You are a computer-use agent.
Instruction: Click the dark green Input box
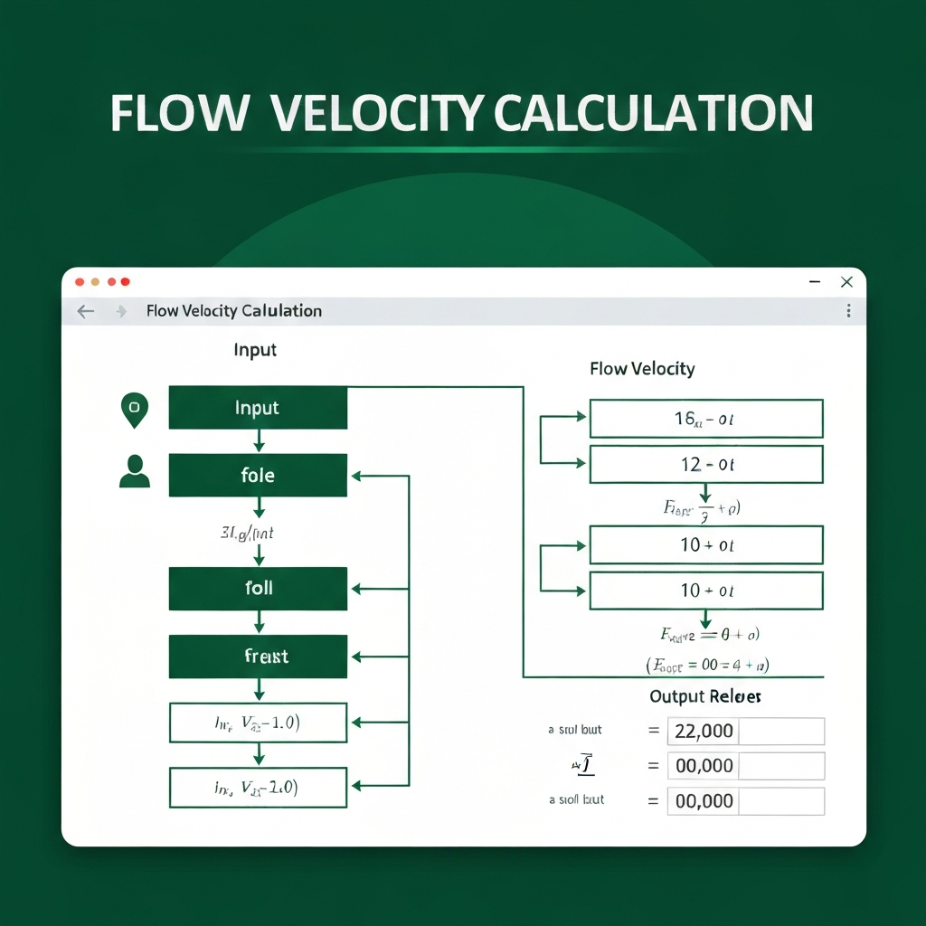pyautogui.click(x=258, y=408)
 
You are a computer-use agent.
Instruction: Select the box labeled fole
pyautogui.click(x=258, y=475)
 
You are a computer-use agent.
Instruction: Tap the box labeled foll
pyautogui.click(x=258, y=588)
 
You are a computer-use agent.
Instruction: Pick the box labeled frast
pyautogui.click(x=258, y=656)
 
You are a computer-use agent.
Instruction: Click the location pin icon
pyautogui.click(x=134, y=410)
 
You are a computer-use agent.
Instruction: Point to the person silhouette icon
pyautogui.click(x=135, y=471)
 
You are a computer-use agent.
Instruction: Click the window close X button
pyautogui.click(x=846, y=282)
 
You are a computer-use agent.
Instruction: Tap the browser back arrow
pyautogui.click(x=85, y=311)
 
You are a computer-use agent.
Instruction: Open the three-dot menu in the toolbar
pyautogui.click(x=848, y=311)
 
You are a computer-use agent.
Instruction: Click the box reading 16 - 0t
pyautogui.click(x=705, y=419)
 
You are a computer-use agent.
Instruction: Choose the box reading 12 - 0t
pyautogui.click(x=705, y=465)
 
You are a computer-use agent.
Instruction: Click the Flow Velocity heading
pyautogui.click(x=642, y=369)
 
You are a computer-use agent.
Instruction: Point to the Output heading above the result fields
pyautogui.click(x=705, y=696)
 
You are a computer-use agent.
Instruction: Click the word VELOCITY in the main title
pyautogui.click(x=380, y=113)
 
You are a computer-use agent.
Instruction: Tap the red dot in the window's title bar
pyautogui.click(x=79, y=282)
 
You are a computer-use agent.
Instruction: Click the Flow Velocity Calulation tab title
pyautogui.click(x=233, y=311)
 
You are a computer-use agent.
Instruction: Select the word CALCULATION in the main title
pyautogui.click(x=653, y=113)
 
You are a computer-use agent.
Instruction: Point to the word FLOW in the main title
pyautogui.click(x=178, y=113)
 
